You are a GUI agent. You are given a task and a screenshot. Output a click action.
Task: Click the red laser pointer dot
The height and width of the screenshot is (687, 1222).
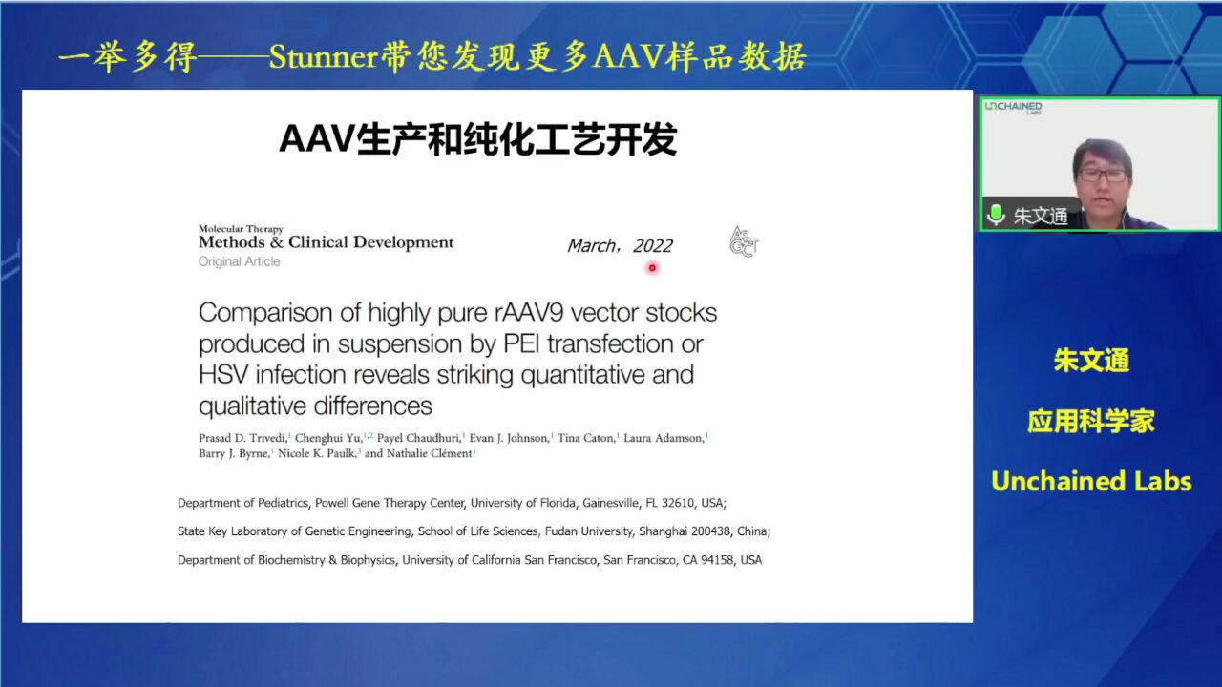[x=652, y=268]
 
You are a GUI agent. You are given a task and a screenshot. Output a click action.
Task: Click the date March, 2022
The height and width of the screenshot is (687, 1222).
[x=621, y=246]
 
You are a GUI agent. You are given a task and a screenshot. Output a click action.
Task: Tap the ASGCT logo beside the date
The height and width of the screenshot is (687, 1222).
[x=744, y=241]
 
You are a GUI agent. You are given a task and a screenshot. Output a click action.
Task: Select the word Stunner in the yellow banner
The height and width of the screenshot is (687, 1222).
[x=324, y=56]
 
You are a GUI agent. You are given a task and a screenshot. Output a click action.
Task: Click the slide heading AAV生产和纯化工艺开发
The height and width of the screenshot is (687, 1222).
[x=478, y=139]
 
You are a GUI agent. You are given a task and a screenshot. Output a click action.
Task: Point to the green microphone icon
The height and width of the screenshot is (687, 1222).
[x=996, y=215]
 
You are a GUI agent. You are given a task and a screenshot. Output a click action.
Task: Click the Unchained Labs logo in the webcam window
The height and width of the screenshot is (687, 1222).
[x=1014, y=108]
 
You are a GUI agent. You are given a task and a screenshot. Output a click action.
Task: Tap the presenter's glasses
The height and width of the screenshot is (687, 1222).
[x=1103, y=176]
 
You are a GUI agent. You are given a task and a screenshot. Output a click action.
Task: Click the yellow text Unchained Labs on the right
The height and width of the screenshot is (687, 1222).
[x=1091, y=482]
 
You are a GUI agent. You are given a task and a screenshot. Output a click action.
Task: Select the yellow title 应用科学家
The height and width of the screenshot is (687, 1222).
[x=1091, y=421]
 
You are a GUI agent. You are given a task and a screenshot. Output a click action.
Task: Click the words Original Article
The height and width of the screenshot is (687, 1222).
[x=239, y=261]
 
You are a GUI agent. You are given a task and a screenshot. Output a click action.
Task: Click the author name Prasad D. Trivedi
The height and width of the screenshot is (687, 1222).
[x=242, y=438]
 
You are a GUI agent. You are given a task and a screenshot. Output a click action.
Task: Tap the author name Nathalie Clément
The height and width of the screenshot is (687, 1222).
[x=430, y=453]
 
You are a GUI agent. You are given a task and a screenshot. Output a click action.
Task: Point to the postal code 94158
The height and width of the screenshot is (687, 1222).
[x=717, y=560]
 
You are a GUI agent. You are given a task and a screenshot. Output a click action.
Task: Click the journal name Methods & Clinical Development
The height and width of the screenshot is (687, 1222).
[x=326, y=242]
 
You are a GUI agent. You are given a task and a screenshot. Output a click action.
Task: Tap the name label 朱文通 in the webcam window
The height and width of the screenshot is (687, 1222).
[x=1041, y=216]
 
